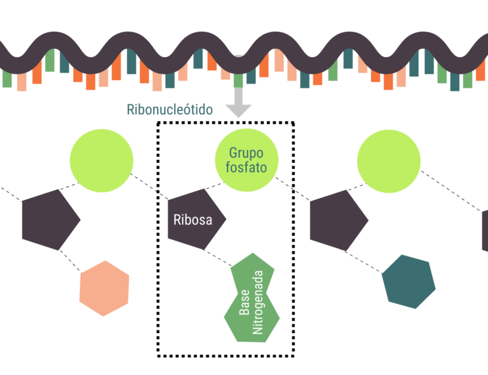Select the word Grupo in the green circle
coord(245,153)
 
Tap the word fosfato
coord(245,168)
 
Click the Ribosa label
coord(192,220)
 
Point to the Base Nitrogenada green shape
coord(252,298)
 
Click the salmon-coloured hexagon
coord(104,289)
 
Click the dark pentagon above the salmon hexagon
coord(50,219)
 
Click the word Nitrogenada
coord(258,303)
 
